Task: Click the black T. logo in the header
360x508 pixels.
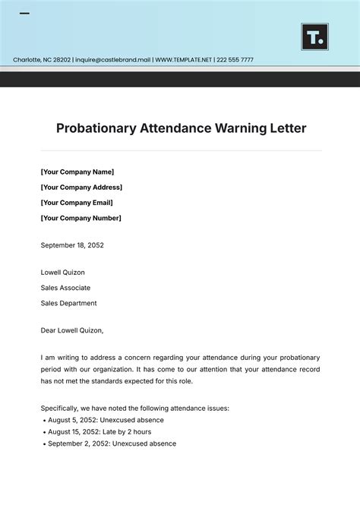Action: tap(314, 36)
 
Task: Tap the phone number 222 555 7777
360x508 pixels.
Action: tap(235, 60)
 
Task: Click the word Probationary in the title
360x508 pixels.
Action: tap(96, 128)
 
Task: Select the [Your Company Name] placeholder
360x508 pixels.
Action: tap(77, 172)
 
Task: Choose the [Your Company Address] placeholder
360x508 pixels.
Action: tap(81, 187)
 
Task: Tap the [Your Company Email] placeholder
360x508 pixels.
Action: tap(77, 203)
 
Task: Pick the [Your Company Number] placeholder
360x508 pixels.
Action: tap(81, 218)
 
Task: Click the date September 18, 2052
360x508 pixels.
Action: tap(72, 245)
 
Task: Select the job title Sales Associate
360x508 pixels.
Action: tap(65, 288)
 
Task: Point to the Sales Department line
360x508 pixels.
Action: tap(68, 303)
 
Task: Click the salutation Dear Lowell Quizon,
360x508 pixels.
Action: tap(72, 330)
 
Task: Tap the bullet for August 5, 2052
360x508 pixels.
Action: tap(106, 420)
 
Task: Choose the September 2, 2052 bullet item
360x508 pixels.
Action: tap(112, 443)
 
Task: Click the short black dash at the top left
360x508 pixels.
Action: tap(24, 14)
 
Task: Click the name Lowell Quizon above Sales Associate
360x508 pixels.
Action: tap(63, 272)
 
